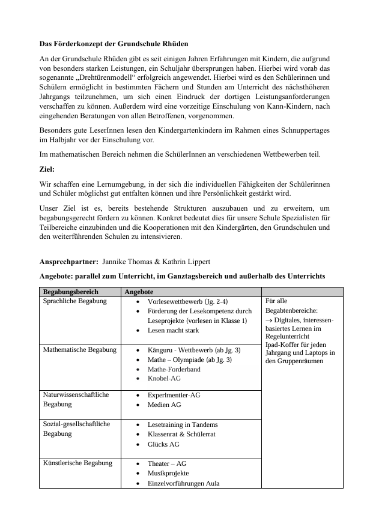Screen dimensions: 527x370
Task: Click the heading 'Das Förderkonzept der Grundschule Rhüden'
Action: (x=114, y=44)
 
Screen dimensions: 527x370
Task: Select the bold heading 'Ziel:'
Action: (x=47, y=170)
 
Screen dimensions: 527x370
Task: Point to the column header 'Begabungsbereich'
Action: (x=70, y=291)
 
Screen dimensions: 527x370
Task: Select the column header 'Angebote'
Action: (x=139, y=291)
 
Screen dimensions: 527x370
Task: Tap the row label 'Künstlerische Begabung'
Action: (x=77, y=463)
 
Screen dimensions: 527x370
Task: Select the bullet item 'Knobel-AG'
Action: (x=164, y=378)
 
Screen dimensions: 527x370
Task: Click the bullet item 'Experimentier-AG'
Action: (x=174, y=395)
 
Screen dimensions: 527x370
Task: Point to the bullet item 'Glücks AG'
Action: (x=163, y=444)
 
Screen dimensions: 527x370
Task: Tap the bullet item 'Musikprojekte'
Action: (x=171, y=473)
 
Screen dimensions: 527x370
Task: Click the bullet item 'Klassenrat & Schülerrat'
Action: (x=181, y=434)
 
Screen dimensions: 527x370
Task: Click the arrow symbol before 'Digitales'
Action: (x=268, y=321)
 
